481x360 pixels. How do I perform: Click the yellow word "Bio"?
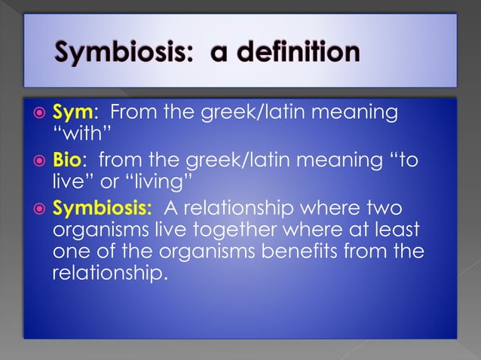[69, 160]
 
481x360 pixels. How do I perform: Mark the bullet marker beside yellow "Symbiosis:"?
[37, 207]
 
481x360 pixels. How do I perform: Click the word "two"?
[384, 206]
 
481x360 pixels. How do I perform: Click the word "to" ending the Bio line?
[403, 160]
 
